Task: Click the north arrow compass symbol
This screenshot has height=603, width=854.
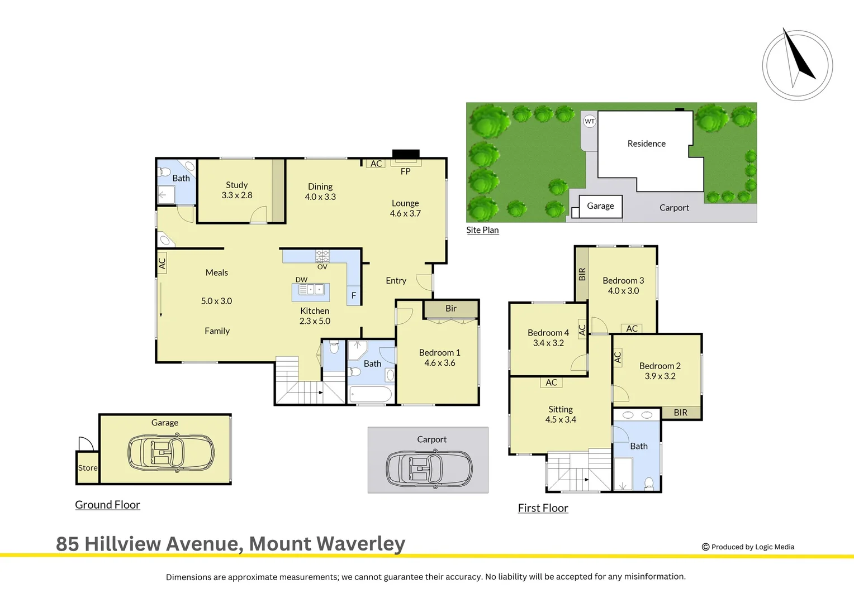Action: click(x=798, y=65)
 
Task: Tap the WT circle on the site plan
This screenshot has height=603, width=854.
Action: click(x=590, y=121)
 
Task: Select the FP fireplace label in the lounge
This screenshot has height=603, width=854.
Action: click(x=405, y=171)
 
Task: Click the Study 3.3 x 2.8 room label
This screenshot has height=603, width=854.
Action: click(x=237, y=190)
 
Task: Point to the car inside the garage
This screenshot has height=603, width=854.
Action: click(x=171, y=452)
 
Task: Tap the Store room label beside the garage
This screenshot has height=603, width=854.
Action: click(x=88, y=468)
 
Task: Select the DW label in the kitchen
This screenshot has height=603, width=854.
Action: click(x=301, y=280)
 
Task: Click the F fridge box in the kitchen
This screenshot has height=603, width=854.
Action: click(x=353, y=295)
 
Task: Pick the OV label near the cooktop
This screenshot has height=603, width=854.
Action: click(x=322, y=267)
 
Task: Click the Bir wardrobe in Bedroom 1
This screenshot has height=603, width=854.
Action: click(x=450, y=309)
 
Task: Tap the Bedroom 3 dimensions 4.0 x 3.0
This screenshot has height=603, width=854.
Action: click(x=623, y=291)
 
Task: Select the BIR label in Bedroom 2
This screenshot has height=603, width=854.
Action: click(x=680, y=413)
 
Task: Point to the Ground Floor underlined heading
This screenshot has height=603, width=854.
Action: click(x=107, y=505)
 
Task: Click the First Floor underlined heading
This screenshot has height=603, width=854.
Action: click(x=543, y=508)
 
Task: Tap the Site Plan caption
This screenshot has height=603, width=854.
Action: click(x=482, y=230)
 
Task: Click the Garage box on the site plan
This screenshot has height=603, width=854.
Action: click(x=600, y=206)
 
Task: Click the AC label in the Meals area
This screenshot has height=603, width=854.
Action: click(x=162, y=263)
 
